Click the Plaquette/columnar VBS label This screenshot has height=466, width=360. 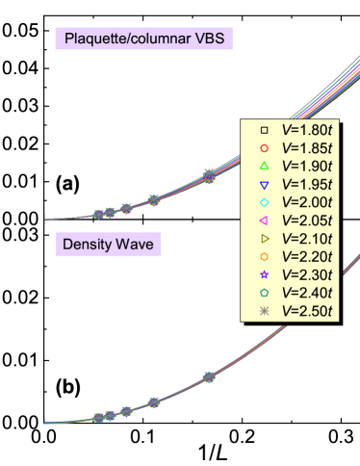(x=144, y=39)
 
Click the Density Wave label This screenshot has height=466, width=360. (x=108, y=244)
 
